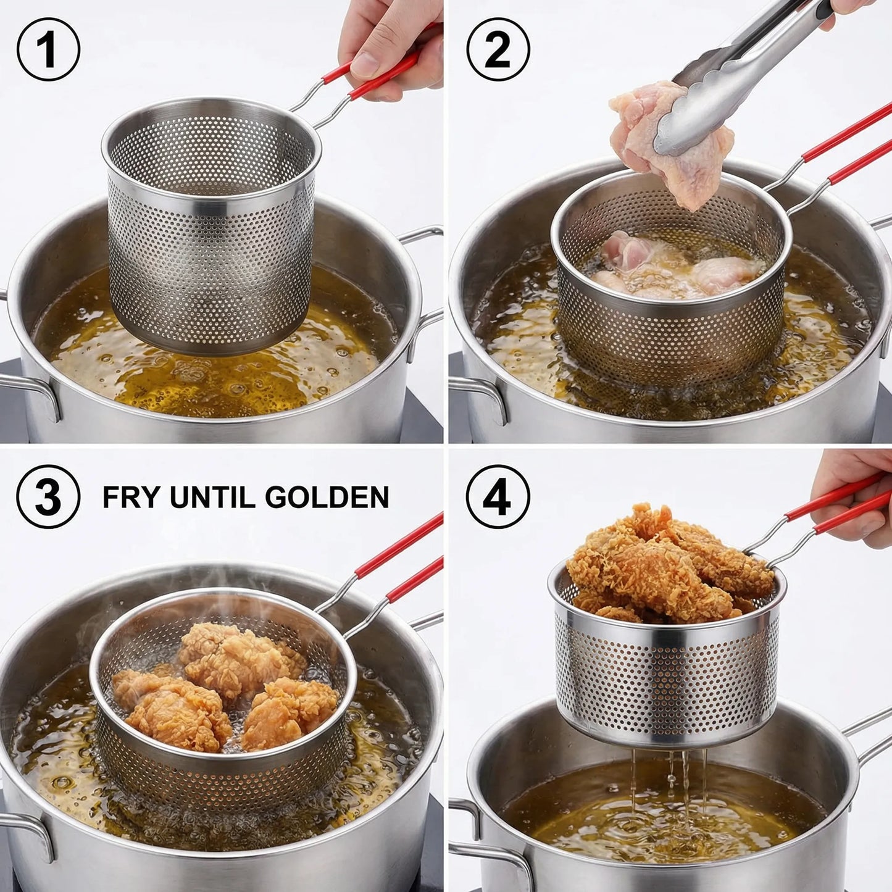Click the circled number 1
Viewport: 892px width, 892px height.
(x=48, y=49)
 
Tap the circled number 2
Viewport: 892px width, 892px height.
(x=498, y=49)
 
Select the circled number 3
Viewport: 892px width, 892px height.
(x=48, y=496)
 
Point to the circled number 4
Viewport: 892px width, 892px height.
(x=498, y=496)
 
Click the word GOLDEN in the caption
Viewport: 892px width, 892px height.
(x=327, y=497)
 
